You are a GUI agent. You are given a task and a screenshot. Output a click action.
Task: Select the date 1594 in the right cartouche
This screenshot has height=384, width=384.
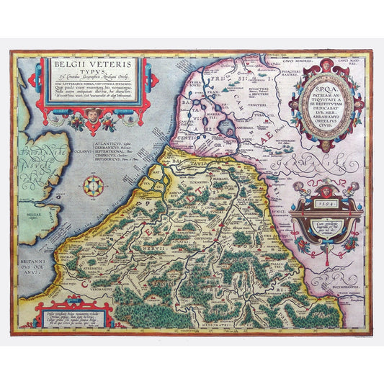[x=322, y=205]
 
